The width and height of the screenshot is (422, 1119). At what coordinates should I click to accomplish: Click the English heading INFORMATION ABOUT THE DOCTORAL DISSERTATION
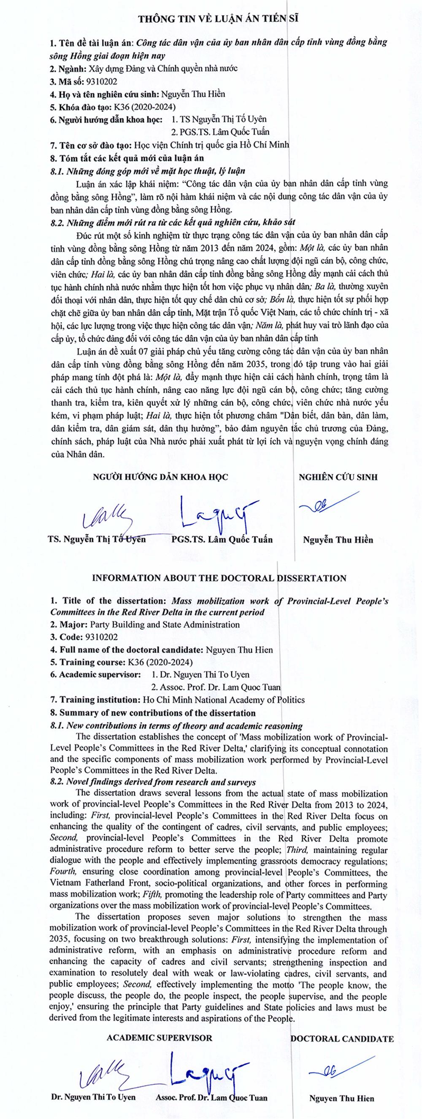click(219, 578)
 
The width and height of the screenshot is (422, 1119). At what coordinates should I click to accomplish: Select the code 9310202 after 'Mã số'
click(102, 81)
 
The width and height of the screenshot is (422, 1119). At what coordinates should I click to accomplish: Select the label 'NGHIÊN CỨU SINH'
click(338, 477)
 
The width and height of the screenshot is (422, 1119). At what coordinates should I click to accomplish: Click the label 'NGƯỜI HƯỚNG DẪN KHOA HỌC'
click(160, 477)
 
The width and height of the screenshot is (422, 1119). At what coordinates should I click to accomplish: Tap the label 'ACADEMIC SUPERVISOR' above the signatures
click(160, 1038)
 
